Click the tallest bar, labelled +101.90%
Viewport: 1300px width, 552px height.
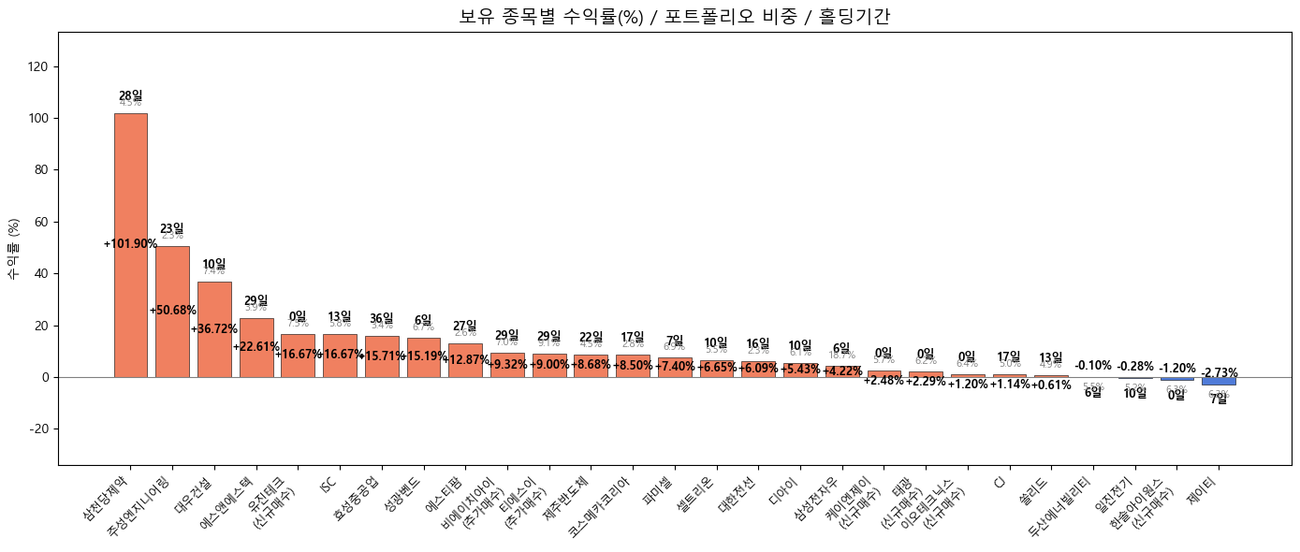pos(130,245)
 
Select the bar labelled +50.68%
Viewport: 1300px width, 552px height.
pos(172,312)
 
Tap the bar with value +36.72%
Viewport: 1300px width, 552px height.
pos(214,329)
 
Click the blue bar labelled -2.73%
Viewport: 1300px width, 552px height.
pos(1219,381)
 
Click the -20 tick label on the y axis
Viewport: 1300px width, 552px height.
pos(41,429)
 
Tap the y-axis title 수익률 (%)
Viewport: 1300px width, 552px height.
pos(14,249)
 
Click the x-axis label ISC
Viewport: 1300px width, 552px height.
pos(328,485)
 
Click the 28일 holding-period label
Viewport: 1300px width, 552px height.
pos(131,95)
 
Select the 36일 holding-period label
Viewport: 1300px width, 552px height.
pos(382,318)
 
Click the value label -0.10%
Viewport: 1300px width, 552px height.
pos(1093,366)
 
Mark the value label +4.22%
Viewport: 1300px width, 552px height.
pos(841,371)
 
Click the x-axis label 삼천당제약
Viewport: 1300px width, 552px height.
pos(107,501)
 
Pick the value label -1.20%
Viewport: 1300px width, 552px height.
pos(1177,369)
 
